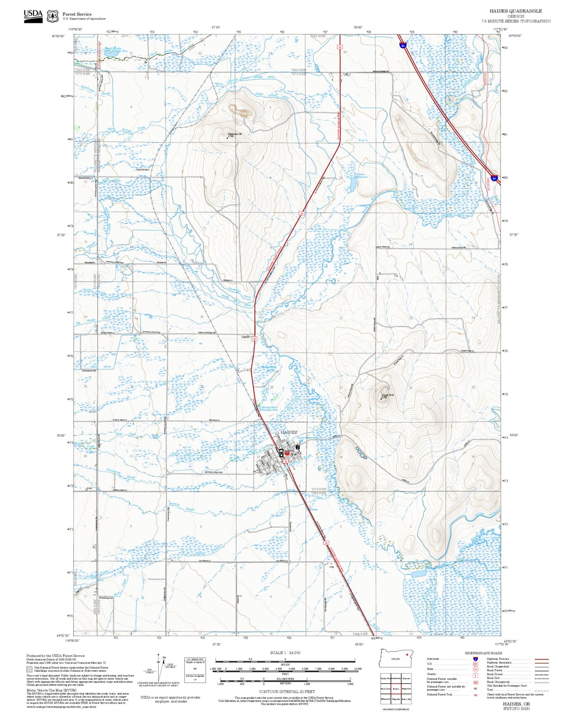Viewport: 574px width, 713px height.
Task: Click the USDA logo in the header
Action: click(33, 15)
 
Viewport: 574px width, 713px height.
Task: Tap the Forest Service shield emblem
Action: click(52, 16)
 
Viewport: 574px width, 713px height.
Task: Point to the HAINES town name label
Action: click(289, 432)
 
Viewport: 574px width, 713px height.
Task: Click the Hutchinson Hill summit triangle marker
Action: click(227, 138)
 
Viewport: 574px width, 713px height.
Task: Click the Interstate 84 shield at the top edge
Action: click(403, 46)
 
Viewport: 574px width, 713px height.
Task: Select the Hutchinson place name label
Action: click(143, 170)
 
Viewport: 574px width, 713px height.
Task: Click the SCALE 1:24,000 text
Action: click(285, 653)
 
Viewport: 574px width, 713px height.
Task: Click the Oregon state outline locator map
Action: click(395, 659)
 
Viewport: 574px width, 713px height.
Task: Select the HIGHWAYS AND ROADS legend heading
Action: click(483, 653)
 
